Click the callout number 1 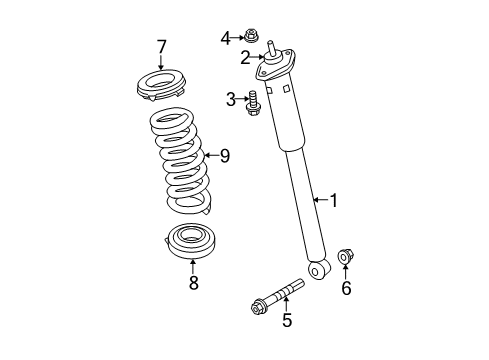334,201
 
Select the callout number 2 244,57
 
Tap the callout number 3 230,98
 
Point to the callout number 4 225,38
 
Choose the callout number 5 286,320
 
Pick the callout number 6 347,289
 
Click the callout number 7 160,45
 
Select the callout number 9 224,155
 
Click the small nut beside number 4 250,39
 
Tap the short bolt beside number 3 253,102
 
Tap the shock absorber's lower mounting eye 319,270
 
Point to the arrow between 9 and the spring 208,155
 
